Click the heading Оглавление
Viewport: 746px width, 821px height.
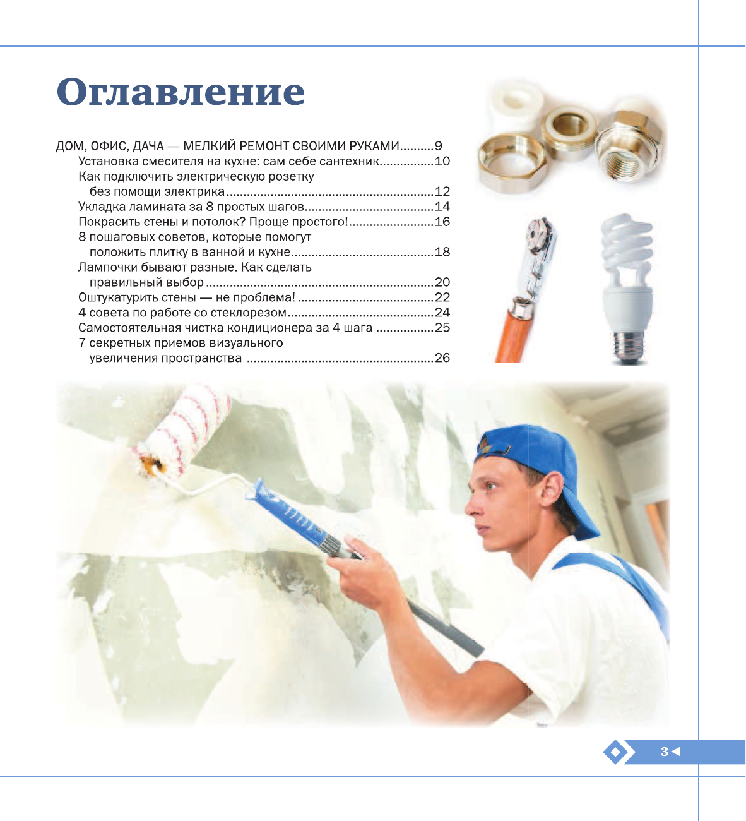(181, 92)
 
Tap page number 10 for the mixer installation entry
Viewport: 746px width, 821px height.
(442, 161)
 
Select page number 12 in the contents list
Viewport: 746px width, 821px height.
(442, 191)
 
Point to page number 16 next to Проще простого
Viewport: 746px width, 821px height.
(442, 222)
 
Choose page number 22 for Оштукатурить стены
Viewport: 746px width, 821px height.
(442, 297)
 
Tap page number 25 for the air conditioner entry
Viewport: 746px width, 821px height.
(442, 327)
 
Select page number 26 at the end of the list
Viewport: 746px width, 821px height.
(442, 357)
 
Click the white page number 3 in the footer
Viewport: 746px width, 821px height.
(665, 752)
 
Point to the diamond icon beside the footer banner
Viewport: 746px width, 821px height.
(615, 752)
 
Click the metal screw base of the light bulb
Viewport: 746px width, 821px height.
(629, 346)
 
